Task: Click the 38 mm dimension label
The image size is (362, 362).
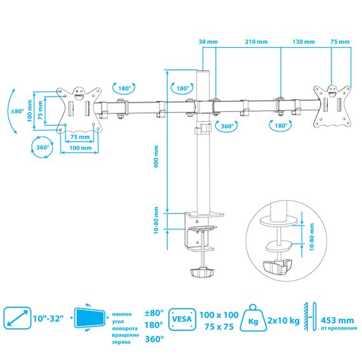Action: tap(208, 42)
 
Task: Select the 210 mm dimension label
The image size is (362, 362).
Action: tap(257, 42)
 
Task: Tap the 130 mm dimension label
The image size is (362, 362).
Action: tap(304, 42)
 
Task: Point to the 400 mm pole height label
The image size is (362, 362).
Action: tap(156, 156)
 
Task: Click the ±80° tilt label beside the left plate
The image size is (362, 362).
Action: tap(18, 111)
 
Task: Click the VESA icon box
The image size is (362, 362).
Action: tap(182, 319)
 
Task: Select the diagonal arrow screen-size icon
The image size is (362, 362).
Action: tap(17, 318)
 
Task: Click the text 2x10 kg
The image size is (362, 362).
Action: tap(283, 321)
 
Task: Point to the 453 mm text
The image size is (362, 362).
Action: tap(337, 321)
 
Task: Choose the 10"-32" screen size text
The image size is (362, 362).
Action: tap(48, 319)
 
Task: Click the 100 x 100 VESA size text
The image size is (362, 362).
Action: tap(219, 315)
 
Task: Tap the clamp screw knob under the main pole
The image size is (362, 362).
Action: tap(202, 272)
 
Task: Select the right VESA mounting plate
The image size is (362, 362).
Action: tap(332, 106)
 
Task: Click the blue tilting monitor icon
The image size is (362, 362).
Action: tap(90, 318)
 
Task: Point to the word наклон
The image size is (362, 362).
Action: tap(122, 314)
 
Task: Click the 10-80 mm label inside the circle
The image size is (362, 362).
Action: tap(312, 237)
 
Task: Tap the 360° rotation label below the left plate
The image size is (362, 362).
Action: tap(43, 147)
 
